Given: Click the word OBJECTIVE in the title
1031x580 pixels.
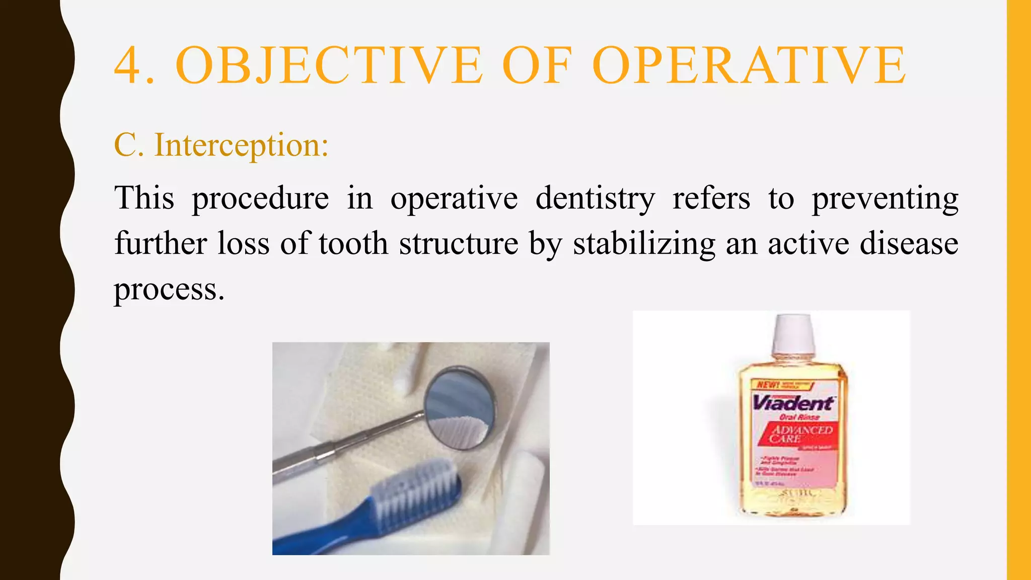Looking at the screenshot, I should (x=329, y=65).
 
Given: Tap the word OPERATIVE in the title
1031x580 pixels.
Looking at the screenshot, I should (x=749, y=65).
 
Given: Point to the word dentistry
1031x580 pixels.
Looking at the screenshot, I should (x=595, y=198).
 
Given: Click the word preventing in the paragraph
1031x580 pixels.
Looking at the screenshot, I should (x=885, y=199).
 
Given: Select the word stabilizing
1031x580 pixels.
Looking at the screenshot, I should (x=644, y=244).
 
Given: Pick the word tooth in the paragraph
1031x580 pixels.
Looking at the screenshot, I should (x=353, y=243).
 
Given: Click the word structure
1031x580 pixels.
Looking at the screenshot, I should (x=459, y=243).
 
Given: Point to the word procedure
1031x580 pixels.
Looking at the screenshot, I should (x=260, y=199).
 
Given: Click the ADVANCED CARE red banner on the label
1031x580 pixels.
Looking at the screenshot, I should (x=800, y=433).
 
